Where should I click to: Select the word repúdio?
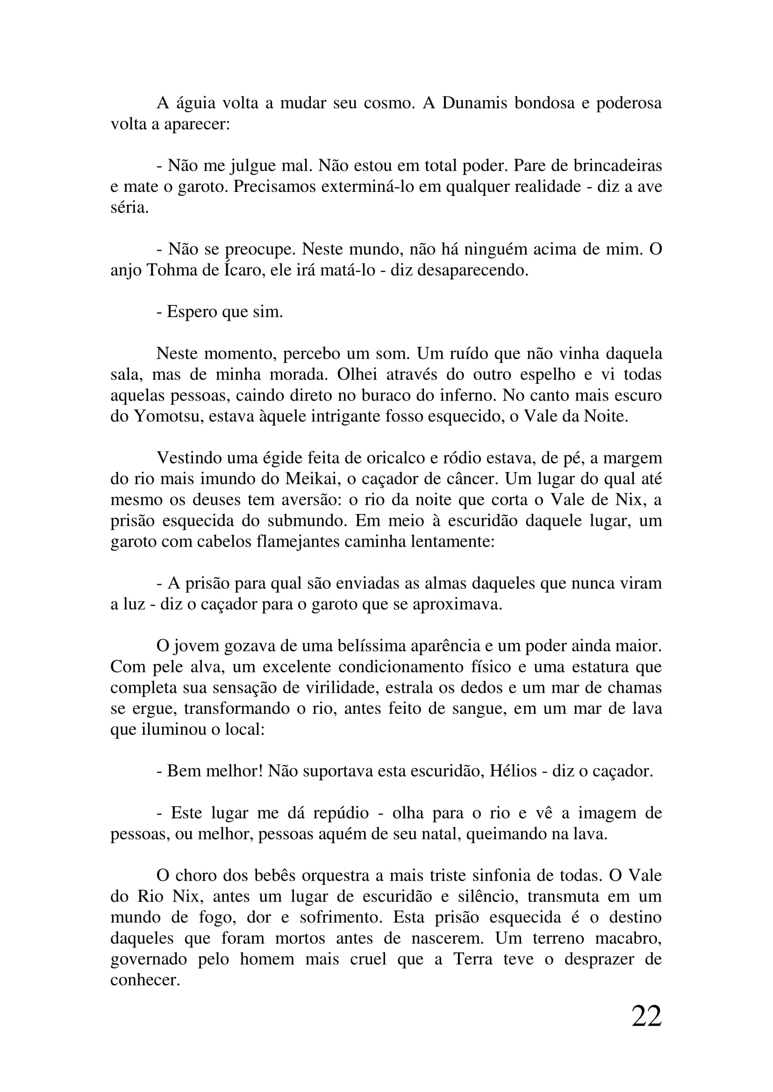341,812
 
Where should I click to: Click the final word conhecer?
145,980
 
